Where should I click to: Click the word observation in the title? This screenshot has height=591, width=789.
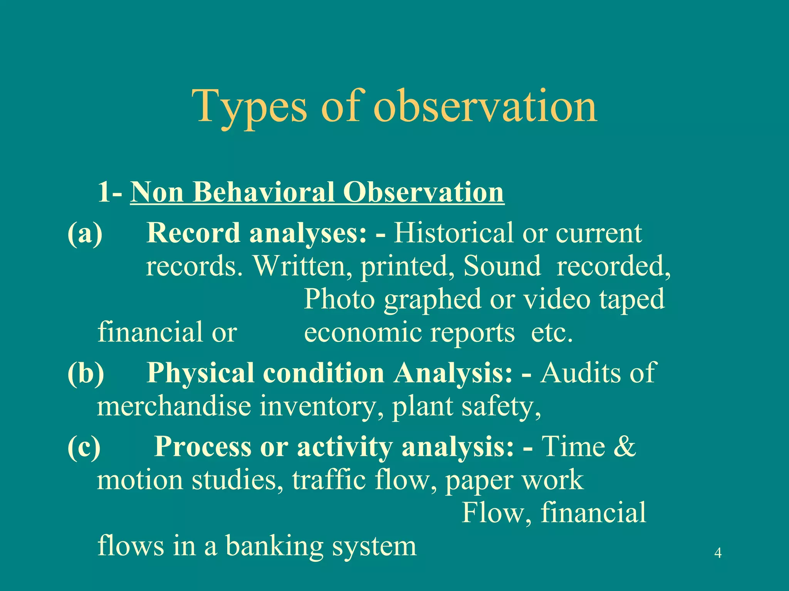[485, 106]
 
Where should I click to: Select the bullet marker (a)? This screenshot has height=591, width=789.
[85, 233]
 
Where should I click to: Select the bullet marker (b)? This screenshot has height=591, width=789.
[86, 373]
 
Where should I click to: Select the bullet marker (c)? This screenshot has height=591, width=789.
[84, 447]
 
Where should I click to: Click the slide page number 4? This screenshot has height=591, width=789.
[718, 553]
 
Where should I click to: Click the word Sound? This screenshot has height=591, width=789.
[502, 266]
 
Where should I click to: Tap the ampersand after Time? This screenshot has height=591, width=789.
[623, 447]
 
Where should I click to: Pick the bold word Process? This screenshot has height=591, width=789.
[203, 447]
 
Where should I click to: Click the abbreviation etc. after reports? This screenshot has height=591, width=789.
[552, 332]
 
